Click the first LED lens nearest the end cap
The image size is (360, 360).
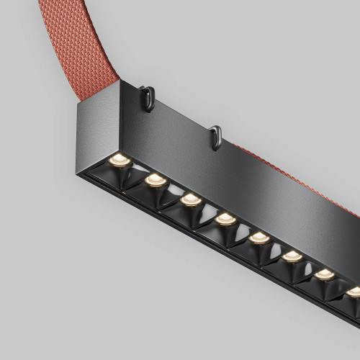click(118, 160)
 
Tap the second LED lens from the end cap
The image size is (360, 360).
click(156, 179)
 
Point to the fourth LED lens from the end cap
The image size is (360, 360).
click(225, 218)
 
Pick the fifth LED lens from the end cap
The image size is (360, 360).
click(259, 238)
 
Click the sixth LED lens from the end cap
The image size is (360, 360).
click(292, 256)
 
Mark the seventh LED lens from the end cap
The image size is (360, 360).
click(325, 274)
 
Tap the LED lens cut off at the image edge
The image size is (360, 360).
click(354, 292)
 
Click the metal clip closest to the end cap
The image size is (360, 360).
click(148, 98)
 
